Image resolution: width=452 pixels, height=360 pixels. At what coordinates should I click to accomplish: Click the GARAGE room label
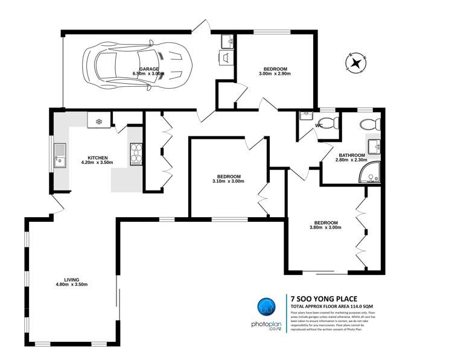click(150, 69)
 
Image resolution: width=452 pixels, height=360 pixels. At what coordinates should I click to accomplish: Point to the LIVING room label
click(72, 279)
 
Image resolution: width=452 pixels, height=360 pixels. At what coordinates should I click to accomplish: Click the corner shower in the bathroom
click(369, 174)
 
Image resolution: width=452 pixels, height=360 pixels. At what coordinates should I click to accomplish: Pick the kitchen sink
click(60, 155)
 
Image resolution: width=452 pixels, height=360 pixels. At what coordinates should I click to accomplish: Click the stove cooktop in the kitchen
click(136, 154)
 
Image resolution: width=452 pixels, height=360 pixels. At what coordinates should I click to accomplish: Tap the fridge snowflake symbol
click(98, 121)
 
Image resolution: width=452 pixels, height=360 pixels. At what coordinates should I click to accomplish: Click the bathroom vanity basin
click(374, 145)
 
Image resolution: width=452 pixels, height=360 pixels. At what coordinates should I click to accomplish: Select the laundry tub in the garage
click(227, 41)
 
